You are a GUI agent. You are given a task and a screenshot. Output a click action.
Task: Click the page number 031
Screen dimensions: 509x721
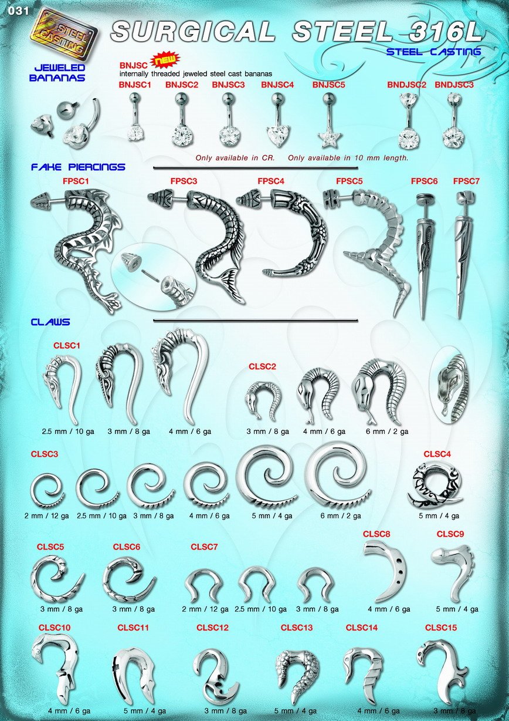tap(18, 11)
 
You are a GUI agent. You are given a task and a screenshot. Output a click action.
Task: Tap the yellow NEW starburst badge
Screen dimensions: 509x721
tap(165, 60)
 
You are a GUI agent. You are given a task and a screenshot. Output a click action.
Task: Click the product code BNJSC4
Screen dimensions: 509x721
tap(277, 85)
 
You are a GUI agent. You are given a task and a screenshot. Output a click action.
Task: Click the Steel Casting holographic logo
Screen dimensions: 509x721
tap(63, 36)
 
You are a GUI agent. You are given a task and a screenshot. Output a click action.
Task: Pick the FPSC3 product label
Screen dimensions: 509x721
tap(184, 181)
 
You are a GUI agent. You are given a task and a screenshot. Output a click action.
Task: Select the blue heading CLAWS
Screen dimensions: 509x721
tap(50, 322)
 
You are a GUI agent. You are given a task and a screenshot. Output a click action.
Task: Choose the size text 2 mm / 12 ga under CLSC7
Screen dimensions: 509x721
tap(205, 609)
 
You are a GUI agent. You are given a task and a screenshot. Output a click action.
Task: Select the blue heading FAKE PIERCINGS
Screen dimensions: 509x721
tap(78, 167)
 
